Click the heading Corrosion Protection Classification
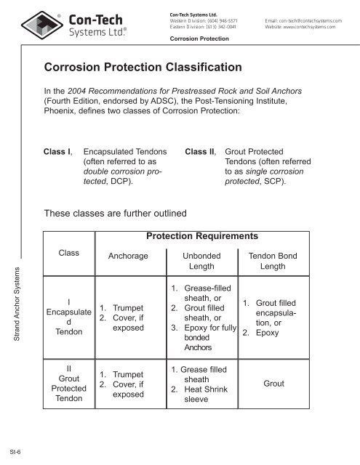(x=143, y=68)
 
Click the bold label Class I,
(x=58, y=153)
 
